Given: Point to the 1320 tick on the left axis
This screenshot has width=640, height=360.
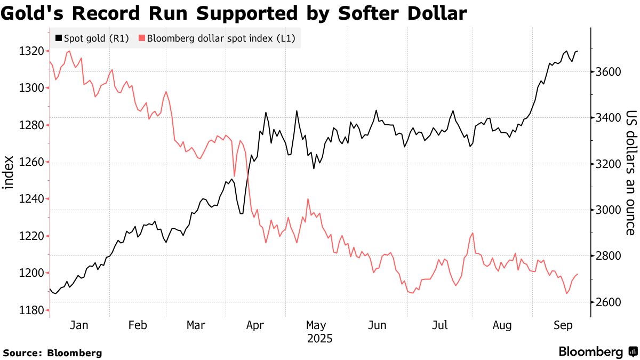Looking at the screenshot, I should click(x=31, y=51).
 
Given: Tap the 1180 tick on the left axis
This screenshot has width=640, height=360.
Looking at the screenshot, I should click(x=31, y=310).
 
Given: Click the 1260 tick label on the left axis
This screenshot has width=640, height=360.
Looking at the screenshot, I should click(x=31, y=162).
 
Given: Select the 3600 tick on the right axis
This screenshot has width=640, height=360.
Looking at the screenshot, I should click(x=607, y=72).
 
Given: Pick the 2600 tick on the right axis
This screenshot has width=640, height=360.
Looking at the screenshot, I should click(x=607, y=302).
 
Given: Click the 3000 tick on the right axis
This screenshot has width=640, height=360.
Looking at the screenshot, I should click(x=607, y=210).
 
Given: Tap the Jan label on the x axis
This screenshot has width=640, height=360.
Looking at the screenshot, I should click(x=79, y=325).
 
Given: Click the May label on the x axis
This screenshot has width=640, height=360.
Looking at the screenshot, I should click(x=316, y=325).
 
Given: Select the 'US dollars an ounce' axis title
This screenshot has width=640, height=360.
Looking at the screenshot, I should click(x=631, y=173).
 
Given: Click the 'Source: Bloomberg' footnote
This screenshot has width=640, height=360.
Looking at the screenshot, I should click(x=52, y=353).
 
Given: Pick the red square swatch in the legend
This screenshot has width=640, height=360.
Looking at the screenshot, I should click(x=141, y=38).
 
